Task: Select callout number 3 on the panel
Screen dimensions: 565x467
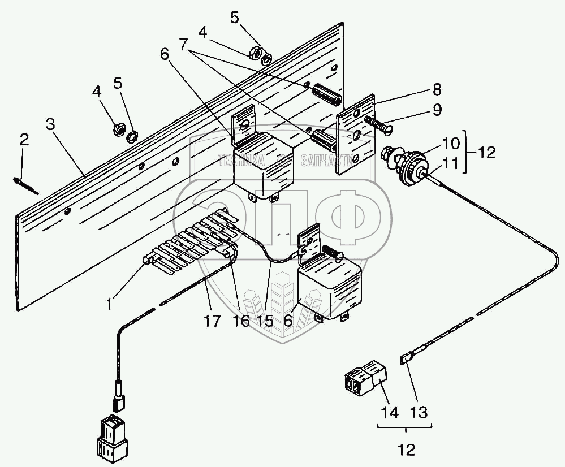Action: pos(51,125)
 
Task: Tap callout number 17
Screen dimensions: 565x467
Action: pos(213,322)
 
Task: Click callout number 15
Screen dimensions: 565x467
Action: pos(264,322)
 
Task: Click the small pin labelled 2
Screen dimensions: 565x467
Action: pos(23,185)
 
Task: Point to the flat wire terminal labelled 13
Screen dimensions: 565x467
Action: pos(406,359)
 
